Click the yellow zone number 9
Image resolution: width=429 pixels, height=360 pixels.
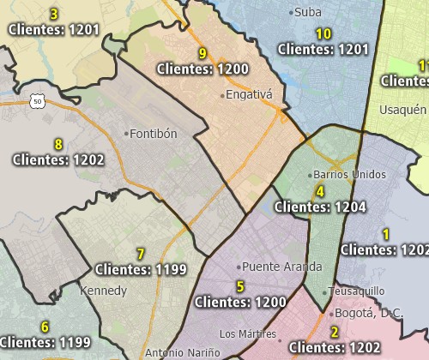pos(202,53)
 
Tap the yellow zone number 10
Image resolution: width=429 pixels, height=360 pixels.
pos(323,34)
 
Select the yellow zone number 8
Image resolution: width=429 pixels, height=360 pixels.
pos(58,144)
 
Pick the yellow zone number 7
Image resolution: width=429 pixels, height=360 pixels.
pos(141,254)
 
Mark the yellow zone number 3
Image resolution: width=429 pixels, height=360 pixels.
pos(54,14)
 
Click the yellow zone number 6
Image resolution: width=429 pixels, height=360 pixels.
pos(45,327)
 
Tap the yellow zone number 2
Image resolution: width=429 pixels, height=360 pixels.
pos(334,333)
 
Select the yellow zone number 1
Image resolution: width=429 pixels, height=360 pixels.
pos(386,234)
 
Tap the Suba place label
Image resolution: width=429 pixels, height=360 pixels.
pos(306,12)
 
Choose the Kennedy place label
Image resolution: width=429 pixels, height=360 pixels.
pos(103,291)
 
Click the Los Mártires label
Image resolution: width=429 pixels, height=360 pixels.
pos(248,333)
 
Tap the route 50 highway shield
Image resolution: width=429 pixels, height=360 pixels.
pos(37,100)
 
